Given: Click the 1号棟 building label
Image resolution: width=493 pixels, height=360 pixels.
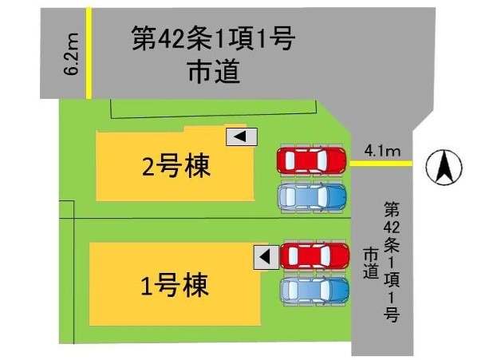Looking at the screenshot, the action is tap(174, 284).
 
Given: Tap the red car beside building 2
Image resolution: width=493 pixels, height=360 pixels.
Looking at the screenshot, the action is tap(312, 160).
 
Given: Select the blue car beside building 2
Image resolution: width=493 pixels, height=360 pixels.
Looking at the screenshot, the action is tap(312, 196).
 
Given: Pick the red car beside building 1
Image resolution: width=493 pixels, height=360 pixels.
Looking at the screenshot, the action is tap(314, 256).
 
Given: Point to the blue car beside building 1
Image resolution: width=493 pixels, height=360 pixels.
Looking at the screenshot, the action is tap(314, 290).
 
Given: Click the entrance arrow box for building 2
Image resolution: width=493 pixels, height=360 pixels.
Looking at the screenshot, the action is tap(242, 136).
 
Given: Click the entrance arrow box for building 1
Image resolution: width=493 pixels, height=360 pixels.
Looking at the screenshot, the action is tap(266, 257).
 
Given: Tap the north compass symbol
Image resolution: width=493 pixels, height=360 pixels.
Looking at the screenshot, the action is tap(444, 168).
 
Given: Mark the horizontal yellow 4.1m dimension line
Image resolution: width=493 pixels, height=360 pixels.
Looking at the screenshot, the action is tap(381, 164).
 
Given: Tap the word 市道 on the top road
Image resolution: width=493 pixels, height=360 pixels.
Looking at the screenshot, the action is tap(213, 73).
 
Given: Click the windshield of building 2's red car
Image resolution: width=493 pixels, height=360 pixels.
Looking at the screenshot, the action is tap(328, 160).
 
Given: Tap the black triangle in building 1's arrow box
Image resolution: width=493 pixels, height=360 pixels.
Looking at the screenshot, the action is tap(265, 257).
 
